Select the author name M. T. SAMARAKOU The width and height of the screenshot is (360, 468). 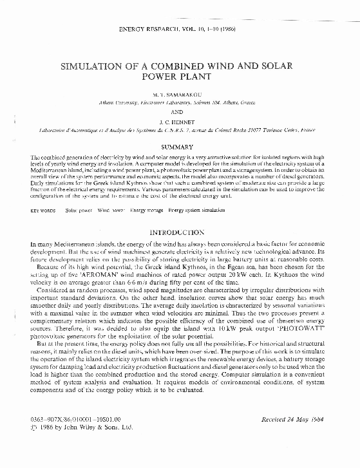click(x=181, y=95)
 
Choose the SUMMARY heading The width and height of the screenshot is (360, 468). click(x=180, y=147)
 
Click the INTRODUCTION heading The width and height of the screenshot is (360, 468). click(x=180, y=232)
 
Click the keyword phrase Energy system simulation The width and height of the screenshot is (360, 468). click(x=196, y=211)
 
